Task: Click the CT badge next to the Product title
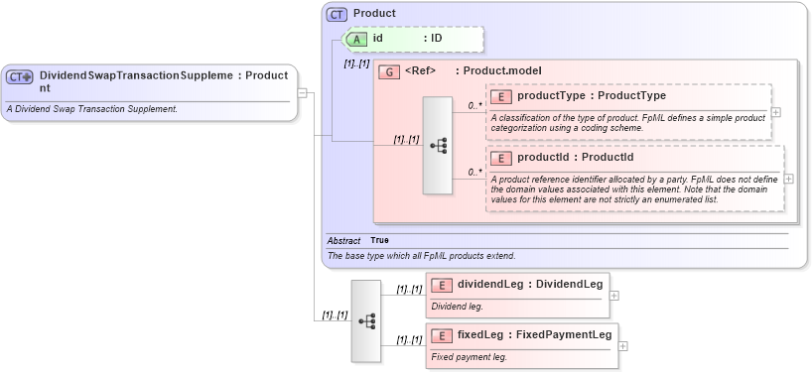338,14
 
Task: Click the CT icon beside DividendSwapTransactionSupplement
20,76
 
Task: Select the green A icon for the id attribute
356,39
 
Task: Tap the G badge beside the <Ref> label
390,71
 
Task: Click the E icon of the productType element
501,97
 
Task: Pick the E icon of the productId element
501,158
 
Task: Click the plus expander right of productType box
776,112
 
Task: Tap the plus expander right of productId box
788,179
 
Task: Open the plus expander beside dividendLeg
614,296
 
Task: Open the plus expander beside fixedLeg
622,346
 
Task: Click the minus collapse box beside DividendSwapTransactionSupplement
303,94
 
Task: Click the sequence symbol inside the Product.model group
438,146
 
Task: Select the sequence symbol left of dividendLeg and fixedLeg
366,320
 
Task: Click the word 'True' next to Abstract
379,240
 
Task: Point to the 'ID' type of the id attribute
436,39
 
